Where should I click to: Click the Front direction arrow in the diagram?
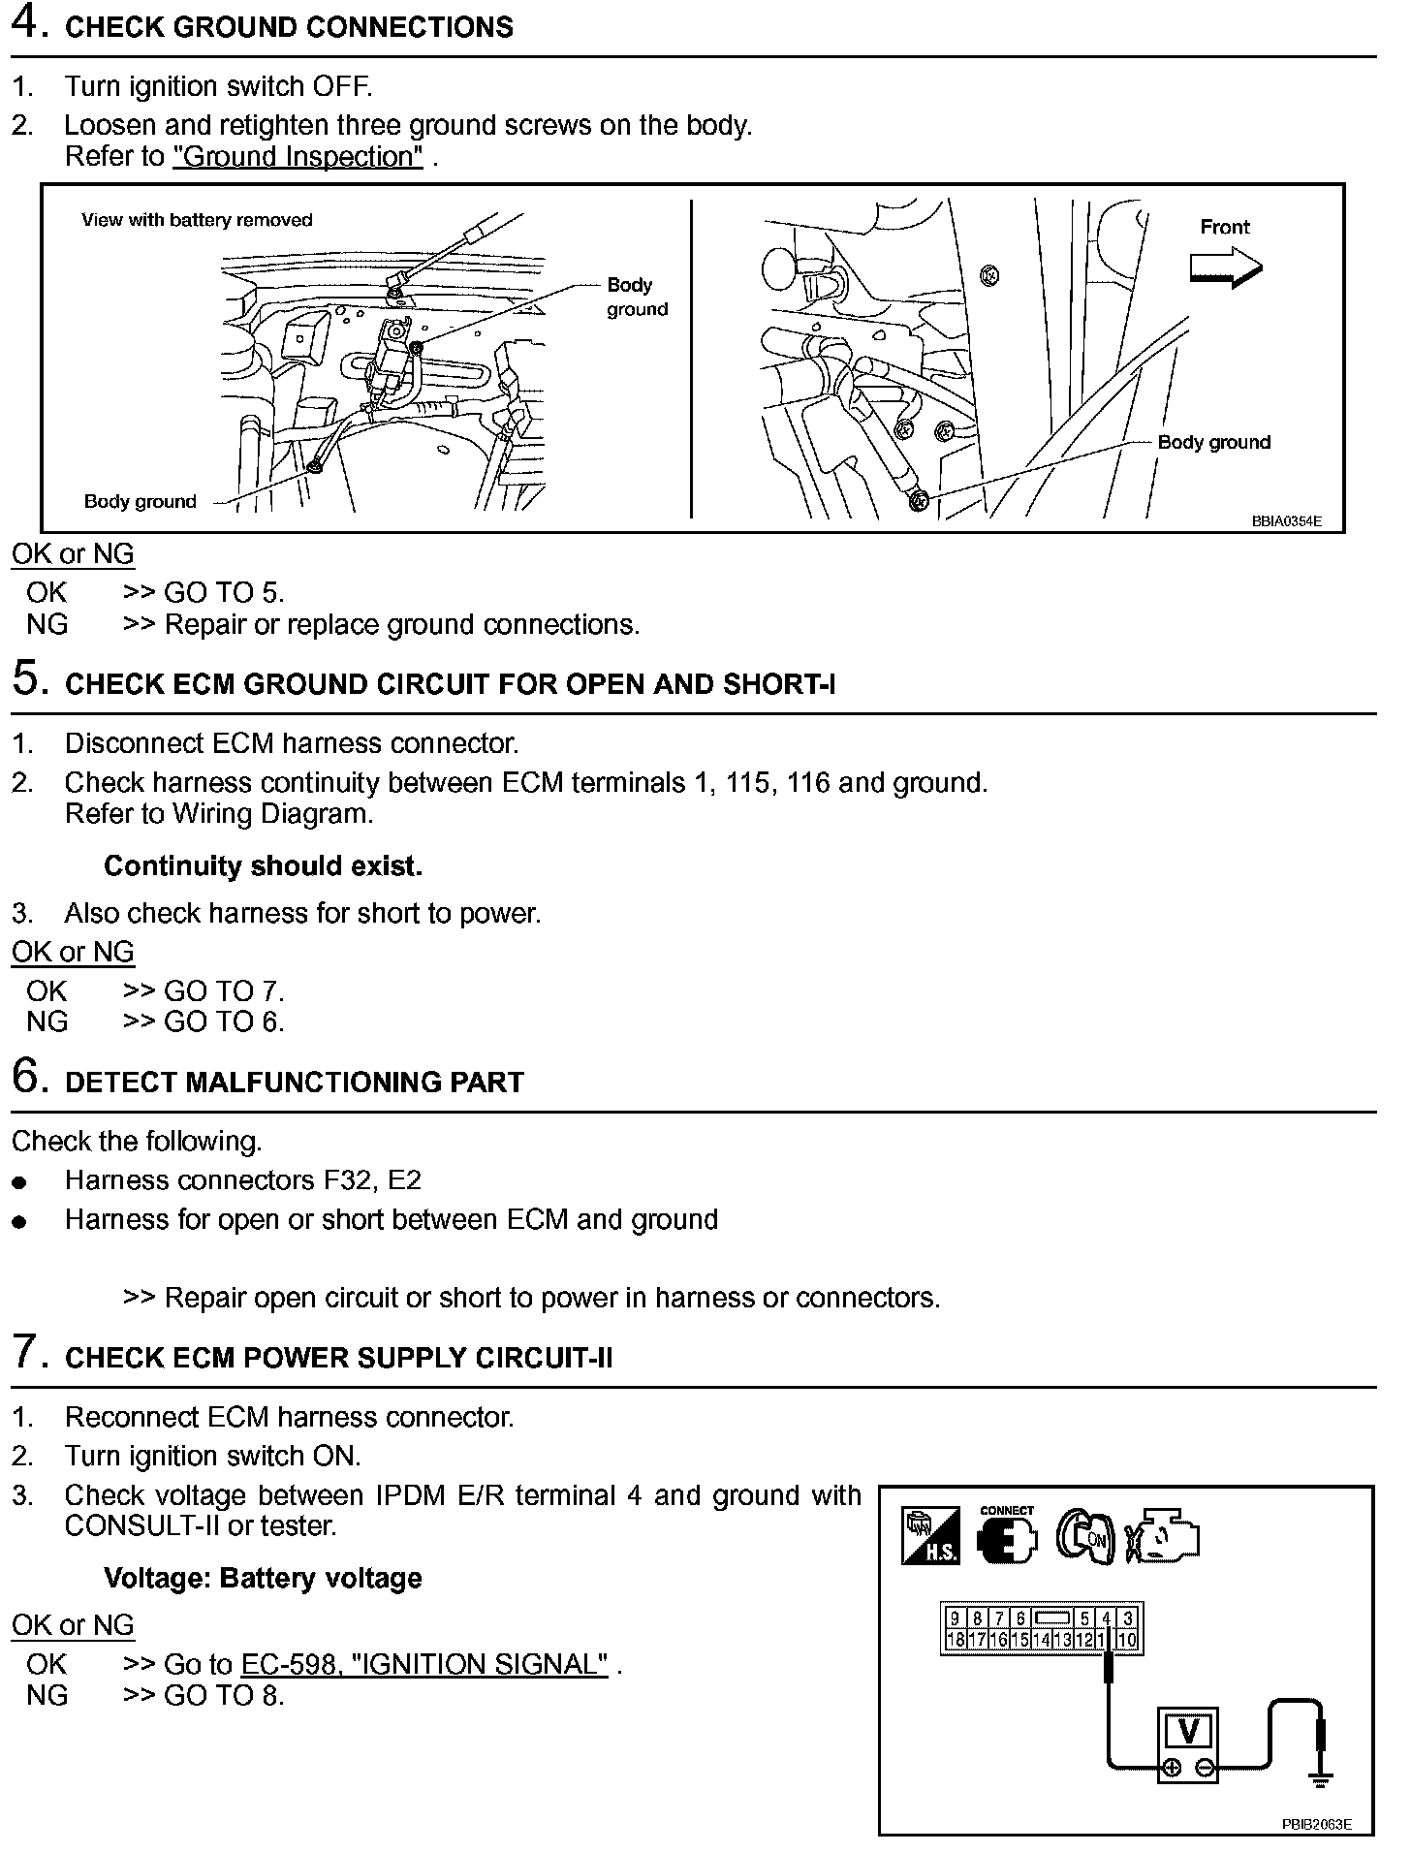coord(1226,267)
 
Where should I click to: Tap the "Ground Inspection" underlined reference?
coord(298,156)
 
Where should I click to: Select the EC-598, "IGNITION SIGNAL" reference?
coord(424,1664)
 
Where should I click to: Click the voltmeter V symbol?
coord(1189,1731)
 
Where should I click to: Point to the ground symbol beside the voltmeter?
coord(1319,1777)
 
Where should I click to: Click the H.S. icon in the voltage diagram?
coord(929,1536)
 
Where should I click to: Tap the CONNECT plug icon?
coord(1007,1535)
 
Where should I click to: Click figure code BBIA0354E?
coord(1286,520)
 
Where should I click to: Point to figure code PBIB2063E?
coord(1316,1824)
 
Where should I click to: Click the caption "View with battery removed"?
coord(197,220)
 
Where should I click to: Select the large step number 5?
coord(28,678)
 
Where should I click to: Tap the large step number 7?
coord(28,1352)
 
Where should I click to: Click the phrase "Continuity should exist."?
coord(263,865)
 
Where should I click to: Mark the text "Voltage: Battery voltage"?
coord(263,1579)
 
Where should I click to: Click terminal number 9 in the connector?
coord(955,1618)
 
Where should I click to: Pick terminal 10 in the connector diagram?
coord(1126,1641)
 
